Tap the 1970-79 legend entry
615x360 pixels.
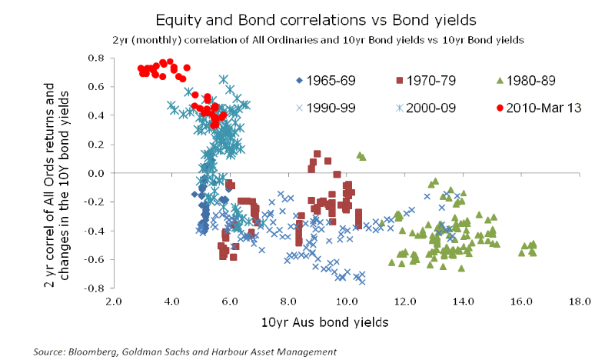click(434, 80)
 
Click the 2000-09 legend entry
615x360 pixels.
click(434, 108)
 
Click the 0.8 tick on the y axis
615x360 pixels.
click(97, 58)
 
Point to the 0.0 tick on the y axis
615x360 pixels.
click(97, 173)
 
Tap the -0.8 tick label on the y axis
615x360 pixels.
click(95, 288)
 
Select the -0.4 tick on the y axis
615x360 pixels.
click(95, 231)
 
